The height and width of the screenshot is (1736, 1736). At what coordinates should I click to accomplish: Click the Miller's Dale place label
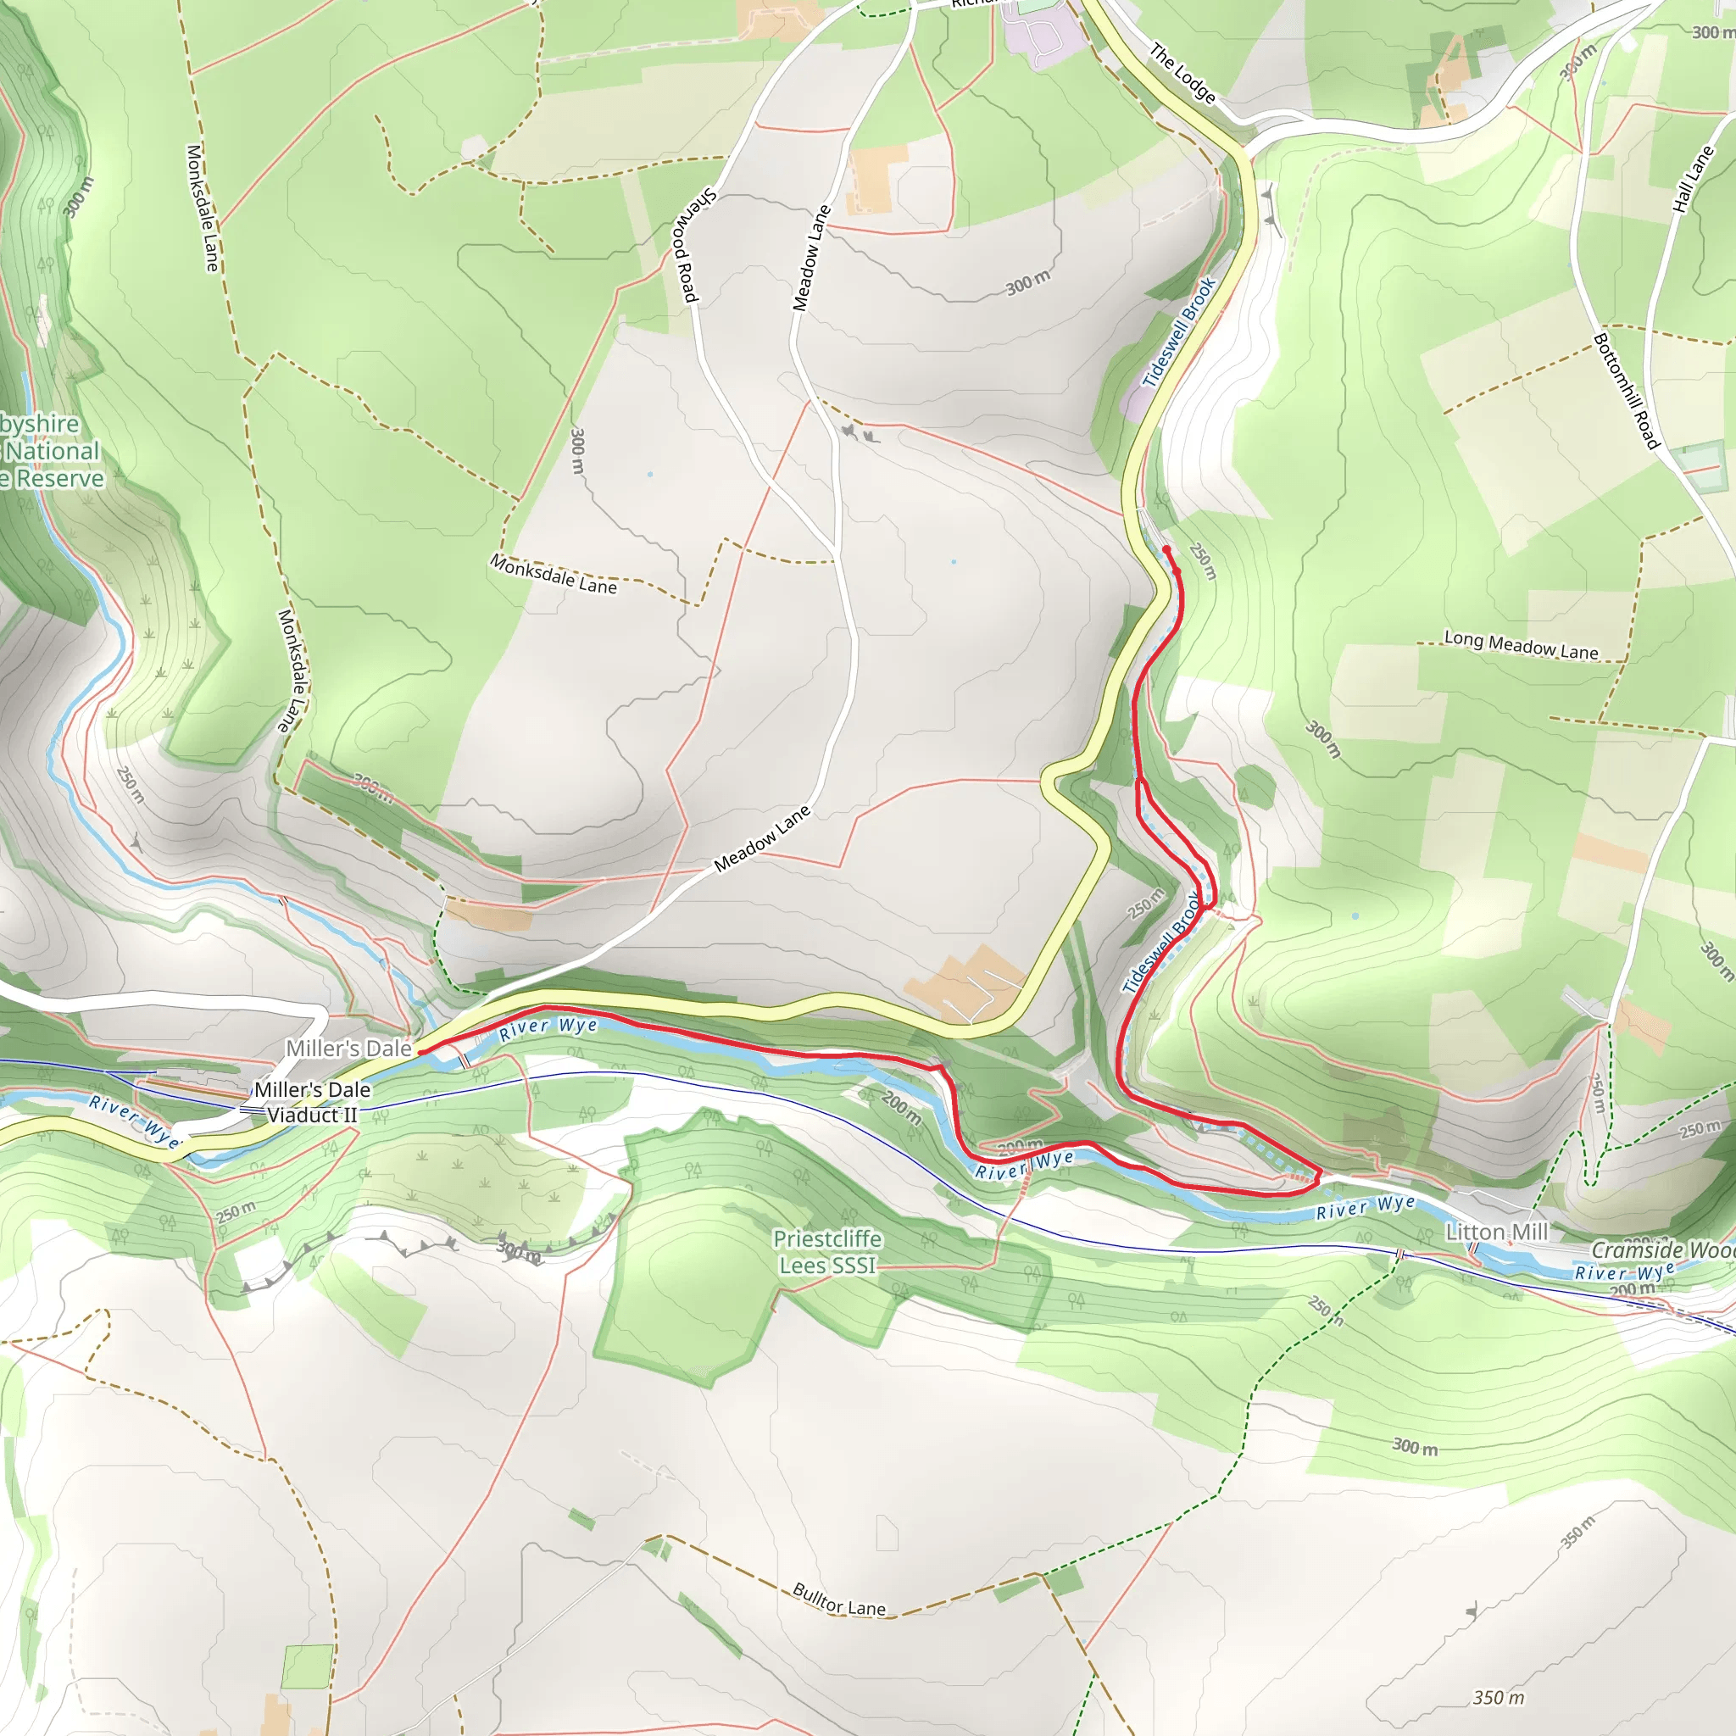pos(348,1049)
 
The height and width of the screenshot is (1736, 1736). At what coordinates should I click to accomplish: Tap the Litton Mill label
pos(1496,1232)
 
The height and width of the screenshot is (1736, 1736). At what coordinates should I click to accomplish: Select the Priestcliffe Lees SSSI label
pos(826,1252)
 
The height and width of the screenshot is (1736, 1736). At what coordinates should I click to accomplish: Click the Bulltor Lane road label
pos(838,1600)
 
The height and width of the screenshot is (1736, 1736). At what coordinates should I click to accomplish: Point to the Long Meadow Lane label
pos(1521,644)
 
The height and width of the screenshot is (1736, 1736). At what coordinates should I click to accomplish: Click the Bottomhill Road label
pos(1626,391)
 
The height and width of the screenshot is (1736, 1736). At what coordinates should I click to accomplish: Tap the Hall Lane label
pos(1693,179)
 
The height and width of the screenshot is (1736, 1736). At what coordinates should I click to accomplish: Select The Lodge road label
pos(1182,74)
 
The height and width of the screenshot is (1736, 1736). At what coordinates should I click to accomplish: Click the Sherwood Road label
pos(698,244)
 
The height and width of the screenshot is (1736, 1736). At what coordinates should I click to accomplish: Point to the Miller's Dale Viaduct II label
pos(312,1103)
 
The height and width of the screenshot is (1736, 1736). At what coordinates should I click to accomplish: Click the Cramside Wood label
pos(1662,1250)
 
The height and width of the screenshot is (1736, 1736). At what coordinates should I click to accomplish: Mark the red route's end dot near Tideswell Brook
pos(1166,549)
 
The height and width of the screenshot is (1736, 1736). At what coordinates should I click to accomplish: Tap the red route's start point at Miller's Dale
pos(420,1051)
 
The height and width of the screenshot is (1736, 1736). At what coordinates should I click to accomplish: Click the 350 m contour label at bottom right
pos(1498,1697)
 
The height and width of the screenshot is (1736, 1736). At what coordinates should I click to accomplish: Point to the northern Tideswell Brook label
pos(1178,332)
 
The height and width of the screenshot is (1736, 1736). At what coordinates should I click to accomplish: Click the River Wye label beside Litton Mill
pos(1365,1207)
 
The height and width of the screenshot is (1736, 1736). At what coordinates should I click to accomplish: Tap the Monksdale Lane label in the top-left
pos(203,208)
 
